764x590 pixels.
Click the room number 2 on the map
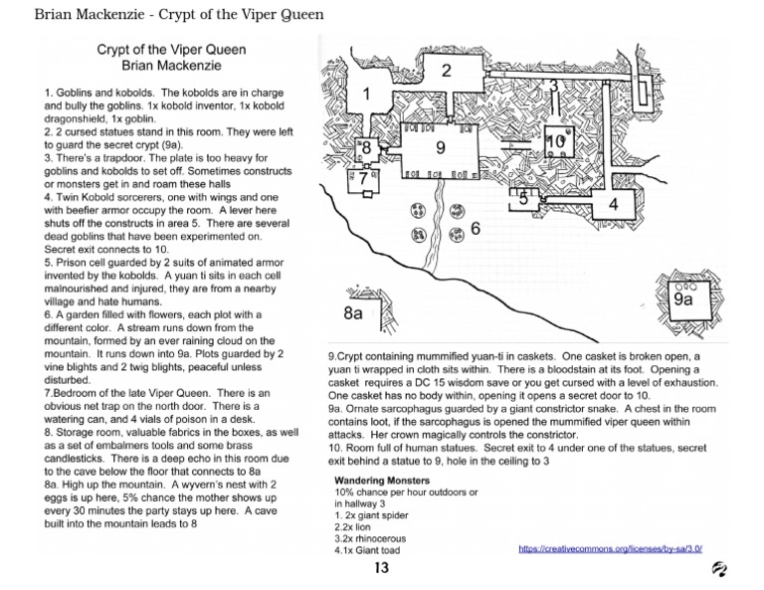(x=447, y=70)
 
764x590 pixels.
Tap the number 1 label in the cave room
(x=366, y=95)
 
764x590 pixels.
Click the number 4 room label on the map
(x=613, y=204)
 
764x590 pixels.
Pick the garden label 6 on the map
(x=476, y=228)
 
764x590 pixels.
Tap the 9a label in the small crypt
(x=683, y=297)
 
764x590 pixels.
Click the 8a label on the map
(x=353, y=312)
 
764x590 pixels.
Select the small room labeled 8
(x=366, y=148)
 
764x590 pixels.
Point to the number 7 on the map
(x=363, y=177)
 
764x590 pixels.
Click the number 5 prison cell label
(x=524, y=197)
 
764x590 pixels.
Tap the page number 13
(x=381, y=568)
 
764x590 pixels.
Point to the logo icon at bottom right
(x=718, y=568)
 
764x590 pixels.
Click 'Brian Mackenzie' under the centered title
(x=171, y=66)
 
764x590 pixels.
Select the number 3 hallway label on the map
(x=554, y=85)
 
